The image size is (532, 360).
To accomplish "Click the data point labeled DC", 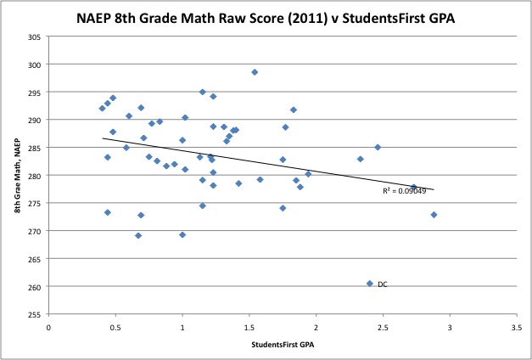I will click(x=370, y=284).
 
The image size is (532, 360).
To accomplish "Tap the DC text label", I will click(x=383, y=284).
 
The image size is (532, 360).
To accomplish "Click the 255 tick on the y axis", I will click(x=36, y=314).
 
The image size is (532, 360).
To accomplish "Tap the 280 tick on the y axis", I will click(x=36, y=175).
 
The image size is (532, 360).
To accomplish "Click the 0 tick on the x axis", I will click(x=49, y=325).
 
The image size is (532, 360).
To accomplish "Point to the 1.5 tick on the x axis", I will click(x=249, y=325).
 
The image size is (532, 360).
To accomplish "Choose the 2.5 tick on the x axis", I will click(x=383, y=325).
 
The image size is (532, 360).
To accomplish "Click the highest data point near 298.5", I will click(x=255, y=72).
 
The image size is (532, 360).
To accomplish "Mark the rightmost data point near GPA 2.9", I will click(x=434, y=215).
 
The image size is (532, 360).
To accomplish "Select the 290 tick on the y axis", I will click(x=36, y=120).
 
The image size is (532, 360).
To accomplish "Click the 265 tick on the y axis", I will click(x=36, y=259).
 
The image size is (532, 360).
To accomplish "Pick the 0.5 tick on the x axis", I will click(x=115, y=325).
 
